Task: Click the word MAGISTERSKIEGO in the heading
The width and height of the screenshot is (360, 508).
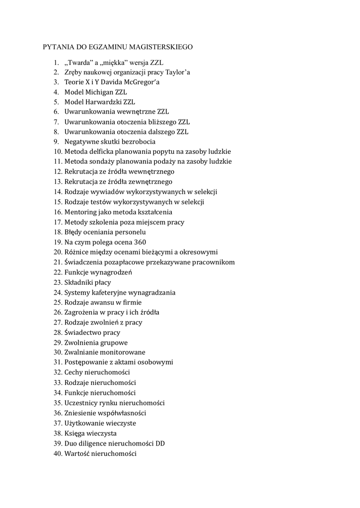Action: click(x=161, y=47)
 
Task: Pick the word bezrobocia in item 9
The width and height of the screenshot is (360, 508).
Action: click(x=139, y=142)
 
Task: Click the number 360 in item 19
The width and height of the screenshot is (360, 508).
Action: click(x=140, y=242)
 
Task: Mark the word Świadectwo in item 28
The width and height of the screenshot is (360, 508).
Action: click(x=83, y=332)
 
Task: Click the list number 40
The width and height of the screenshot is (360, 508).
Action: click(x=57, y=453)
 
